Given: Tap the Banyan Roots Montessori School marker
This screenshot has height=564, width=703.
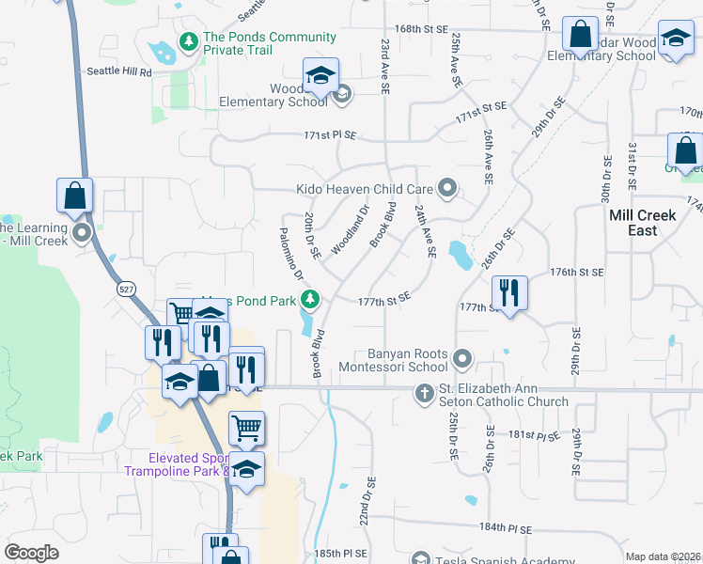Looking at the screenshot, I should pyautogui.click(x=461, y=359).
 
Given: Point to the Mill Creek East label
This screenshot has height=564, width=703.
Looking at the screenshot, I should pyautogui.click(x=642, y=223).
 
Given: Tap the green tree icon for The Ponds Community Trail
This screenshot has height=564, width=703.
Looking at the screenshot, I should pyautogui.click(x=189, y=42).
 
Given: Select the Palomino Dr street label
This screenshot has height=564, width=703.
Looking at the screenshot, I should pyautogui.click(x=290, y=254).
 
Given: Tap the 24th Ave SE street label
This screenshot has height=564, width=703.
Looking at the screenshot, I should pyautogui.click(x=425, y=231).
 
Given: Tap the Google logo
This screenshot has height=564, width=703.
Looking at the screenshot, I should pyautogui.click(x=31, y=553).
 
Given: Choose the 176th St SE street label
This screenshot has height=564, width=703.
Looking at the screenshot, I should pyautogui.click(x=576, y=272).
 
